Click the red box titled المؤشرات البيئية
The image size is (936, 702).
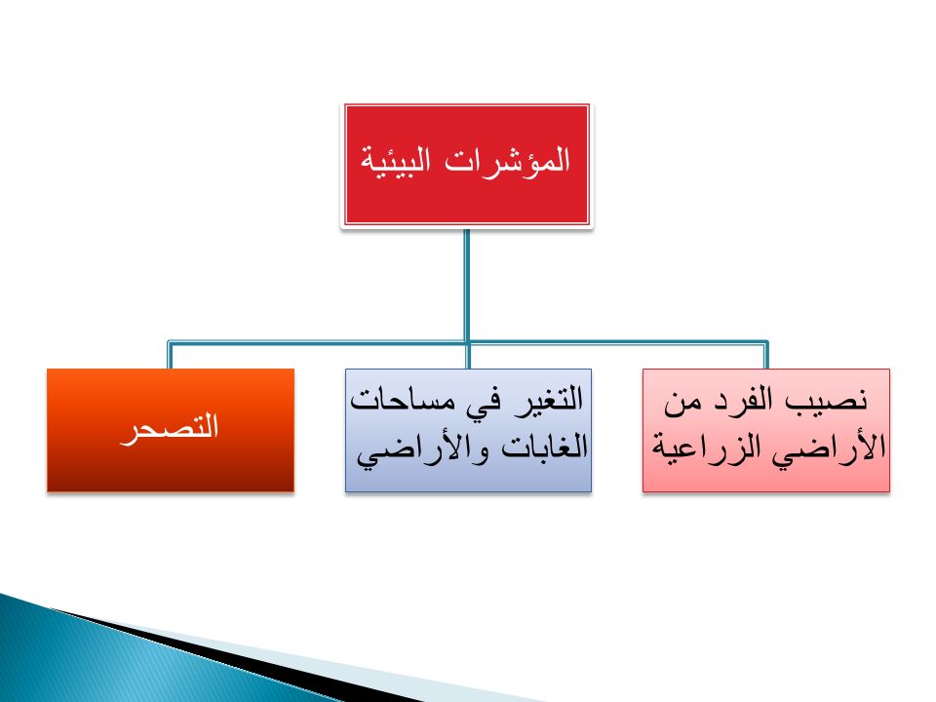tap(467, 165)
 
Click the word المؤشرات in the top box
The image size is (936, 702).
tap(508, 161)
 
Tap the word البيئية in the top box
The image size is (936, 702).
tap(396, 160)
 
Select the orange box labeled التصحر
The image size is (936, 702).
tap(171, 430)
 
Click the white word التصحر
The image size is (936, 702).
tap(170, 427)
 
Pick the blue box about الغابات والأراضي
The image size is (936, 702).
tap(469, 430)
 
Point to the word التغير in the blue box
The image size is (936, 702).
tap(550, 399)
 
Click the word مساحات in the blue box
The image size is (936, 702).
tap(402, 400)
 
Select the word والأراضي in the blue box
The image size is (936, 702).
tap(423, 451)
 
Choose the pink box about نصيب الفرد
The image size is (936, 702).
tap(766, 430)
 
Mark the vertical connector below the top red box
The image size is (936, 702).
tap(467, 286)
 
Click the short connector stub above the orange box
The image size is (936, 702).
tap(170, 356)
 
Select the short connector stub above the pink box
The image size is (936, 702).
tap(766, 356)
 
